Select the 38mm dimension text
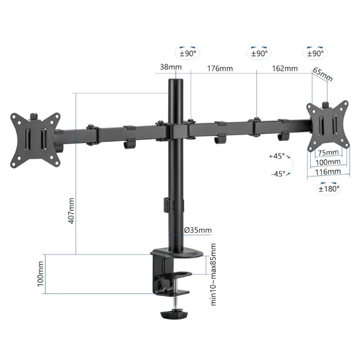click(171, 67)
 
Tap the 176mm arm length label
click(220, 68)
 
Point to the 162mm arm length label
click(284, 68)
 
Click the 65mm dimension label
click(322, 75)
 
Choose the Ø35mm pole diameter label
click(198, 230)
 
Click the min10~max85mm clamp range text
click(214, 274)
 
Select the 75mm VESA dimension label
click(330, 152)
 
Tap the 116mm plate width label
click(328, 172)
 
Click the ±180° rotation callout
click(329, 189)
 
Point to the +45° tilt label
click(277, 156)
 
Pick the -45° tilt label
click(278, 174)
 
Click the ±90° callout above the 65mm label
click(315, 53)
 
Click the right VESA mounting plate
click(328, 125)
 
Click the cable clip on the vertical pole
click(167, 204)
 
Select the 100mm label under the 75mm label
click(328, 162)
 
